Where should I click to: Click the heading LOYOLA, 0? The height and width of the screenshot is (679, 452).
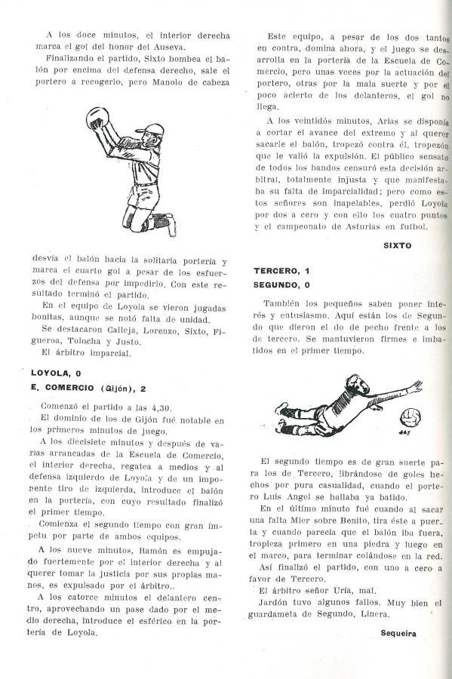(x=56, y=372)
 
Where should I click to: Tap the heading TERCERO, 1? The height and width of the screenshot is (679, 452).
(x=281, y=270)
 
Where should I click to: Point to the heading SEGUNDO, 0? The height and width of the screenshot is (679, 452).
(x=283, y=284)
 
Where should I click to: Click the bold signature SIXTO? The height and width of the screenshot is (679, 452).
(x=397, y=245)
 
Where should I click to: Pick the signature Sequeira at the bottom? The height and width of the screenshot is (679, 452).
(x=398, y=633)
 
